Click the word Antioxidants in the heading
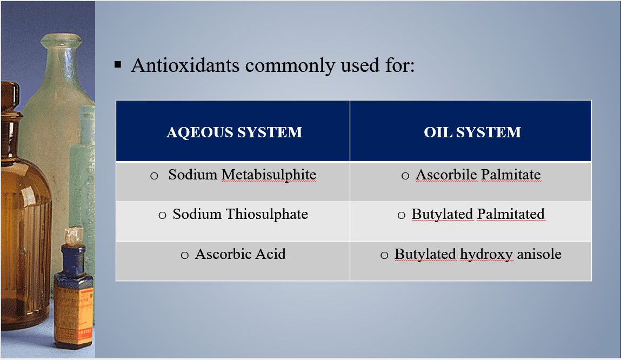185,65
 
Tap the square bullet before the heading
118,64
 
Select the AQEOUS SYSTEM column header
235,132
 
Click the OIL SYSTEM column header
472,132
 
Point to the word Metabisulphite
269,175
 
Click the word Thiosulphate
267,214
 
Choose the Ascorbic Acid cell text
240,254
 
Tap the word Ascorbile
446,174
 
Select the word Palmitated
511,214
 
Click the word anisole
539,254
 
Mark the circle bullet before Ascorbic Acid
184,256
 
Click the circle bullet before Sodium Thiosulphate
162,216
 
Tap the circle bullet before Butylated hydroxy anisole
384,256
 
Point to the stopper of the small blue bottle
74,236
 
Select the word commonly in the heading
290,66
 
